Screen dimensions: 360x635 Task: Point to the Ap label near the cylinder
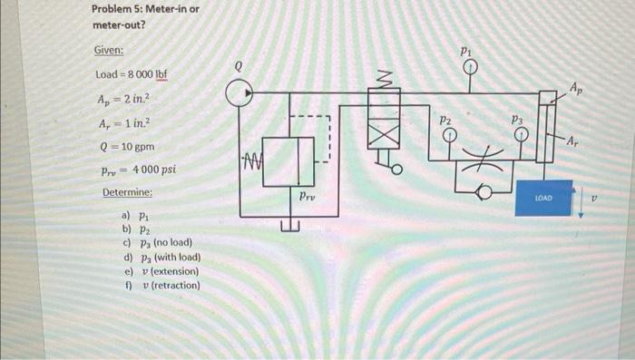click(577, 87)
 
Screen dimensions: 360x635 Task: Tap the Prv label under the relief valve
click(307, 194)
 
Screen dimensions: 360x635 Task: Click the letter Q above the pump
click(239, 65)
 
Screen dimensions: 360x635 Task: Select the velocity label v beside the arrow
click(595, 194)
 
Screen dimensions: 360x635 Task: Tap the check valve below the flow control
click(482, 191)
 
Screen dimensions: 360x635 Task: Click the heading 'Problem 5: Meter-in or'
click(145, 10)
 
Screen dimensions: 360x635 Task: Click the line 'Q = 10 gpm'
click(123, 144)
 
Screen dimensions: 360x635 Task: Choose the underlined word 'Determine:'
click(127, 193)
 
